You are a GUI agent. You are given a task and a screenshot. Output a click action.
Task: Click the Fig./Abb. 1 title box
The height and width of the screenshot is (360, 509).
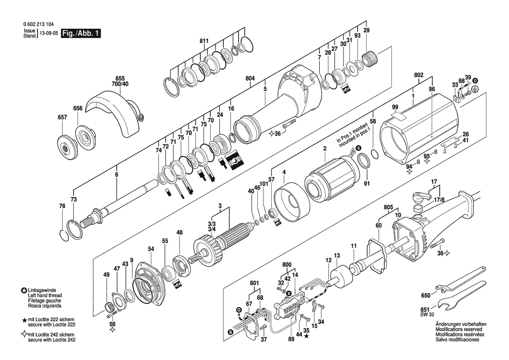point(81,34)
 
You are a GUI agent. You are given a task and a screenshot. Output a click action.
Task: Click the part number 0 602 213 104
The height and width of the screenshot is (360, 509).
point(39,24)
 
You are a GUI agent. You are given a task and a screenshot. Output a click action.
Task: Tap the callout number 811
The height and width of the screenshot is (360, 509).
point(204,41)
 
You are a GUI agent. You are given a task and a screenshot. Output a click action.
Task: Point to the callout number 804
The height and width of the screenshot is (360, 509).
point(250,78)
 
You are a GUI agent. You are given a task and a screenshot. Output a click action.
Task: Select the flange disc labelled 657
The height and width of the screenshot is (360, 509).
point(66,146)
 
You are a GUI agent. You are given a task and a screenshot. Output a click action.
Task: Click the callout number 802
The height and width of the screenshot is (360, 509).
point(419,75)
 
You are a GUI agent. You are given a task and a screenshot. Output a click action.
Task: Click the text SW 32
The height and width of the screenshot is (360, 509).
point(427,315)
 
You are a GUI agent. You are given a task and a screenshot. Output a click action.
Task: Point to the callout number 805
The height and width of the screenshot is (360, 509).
point(388,207)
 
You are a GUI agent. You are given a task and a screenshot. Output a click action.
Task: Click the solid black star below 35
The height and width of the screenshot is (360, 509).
point(307,336)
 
